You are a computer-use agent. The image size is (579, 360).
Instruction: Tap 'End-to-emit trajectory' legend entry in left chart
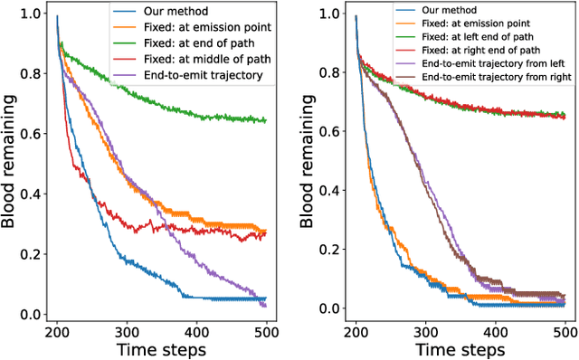(x=204, y=75)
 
